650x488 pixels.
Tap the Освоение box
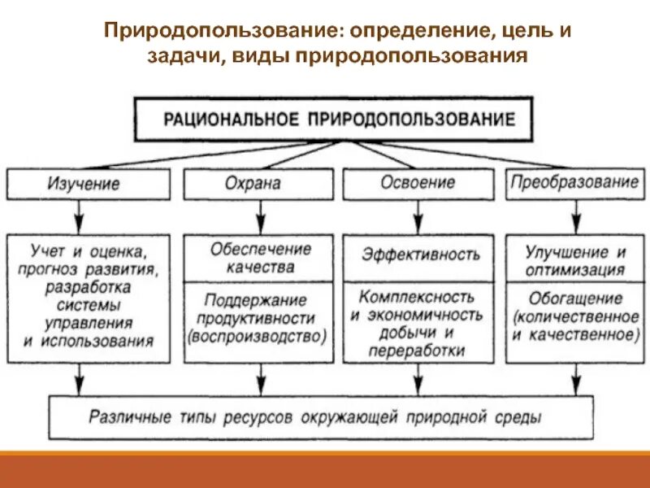click(x=418, y=183)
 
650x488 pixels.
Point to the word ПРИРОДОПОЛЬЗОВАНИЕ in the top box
click(x=411, y=120)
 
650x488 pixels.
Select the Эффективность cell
click(x=421, y=254)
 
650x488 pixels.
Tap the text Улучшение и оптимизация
click(x=575, y=260)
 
